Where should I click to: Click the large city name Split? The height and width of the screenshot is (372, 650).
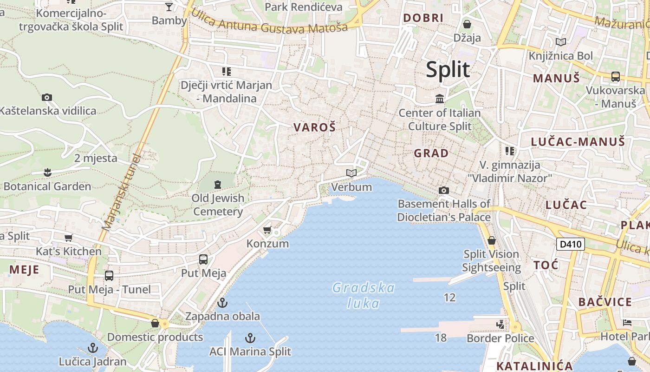click(x=448, y=70)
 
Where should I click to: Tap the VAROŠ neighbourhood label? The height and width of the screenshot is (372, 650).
click(x=314, y=127)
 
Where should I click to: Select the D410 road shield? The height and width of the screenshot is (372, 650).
click(x=570, y=244)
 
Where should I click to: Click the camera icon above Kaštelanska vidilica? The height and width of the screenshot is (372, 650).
click(x=47, y=97)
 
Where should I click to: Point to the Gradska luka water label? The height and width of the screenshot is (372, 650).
click(x=364, y=296)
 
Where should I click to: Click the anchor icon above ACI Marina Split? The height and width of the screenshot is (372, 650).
click(x=250, y=338)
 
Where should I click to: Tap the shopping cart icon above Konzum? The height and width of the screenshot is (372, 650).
click(x=267, y=230)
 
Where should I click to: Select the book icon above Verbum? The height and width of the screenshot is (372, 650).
click(x=351, y=173)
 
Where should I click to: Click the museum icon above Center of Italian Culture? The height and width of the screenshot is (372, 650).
click(x=439, y=99)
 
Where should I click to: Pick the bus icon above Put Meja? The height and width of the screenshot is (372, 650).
click(x=203, y=259)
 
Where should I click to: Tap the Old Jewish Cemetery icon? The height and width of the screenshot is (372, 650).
click(x=217, y=185)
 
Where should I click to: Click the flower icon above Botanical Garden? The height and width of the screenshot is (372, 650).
click(x=47, y=173)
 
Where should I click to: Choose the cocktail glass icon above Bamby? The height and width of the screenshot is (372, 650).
click(x=169, y=7)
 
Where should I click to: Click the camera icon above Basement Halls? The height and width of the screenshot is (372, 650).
click(x=443, y=190)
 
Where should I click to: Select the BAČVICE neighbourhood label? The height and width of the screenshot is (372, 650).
click(x=605, y=302)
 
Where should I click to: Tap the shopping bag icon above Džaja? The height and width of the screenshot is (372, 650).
click(x=467, y=24)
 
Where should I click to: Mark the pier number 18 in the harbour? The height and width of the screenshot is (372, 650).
click(x=441, y=338)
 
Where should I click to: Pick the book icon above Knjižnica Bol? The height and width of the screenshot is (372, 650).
click(x=561, y=42)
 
